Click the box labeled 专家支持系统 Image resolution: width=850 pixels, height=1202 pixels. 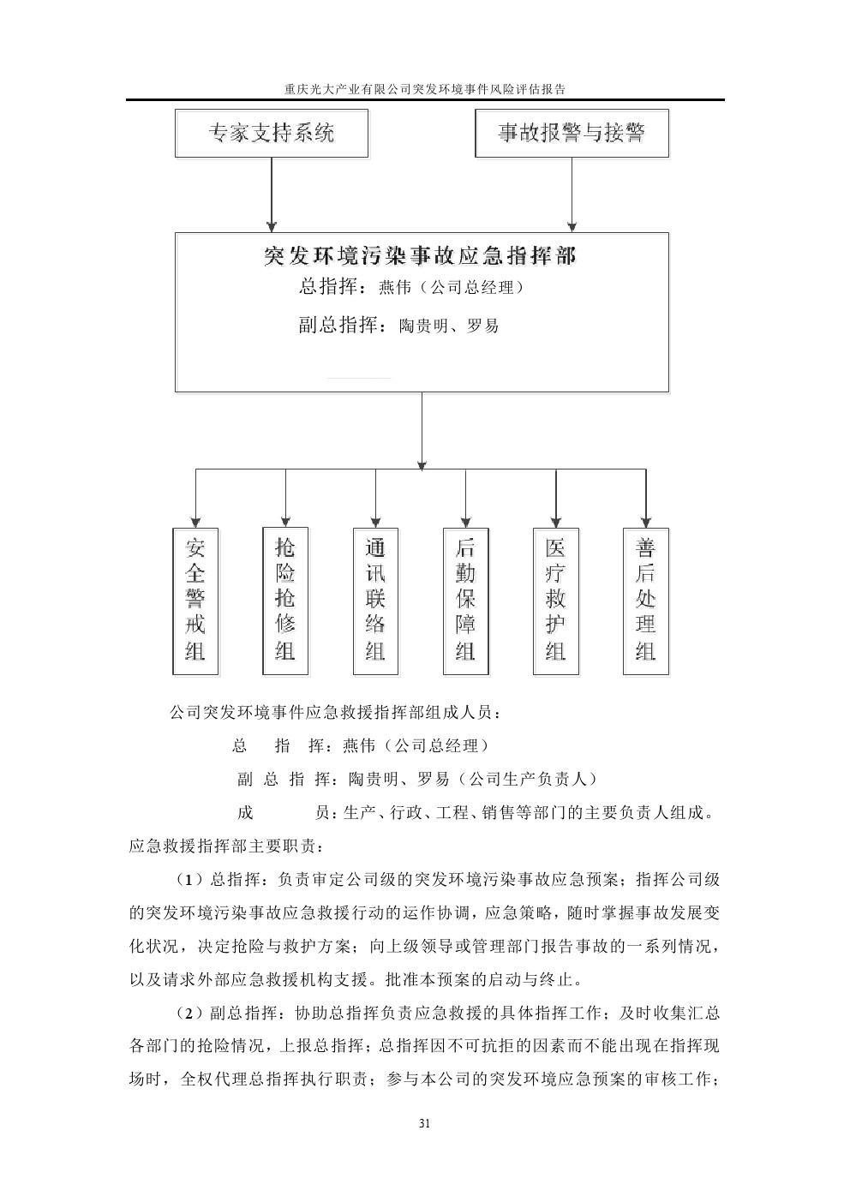click(x=272, y=134)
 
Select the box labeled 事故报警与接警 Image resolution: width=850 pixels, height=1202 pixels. click(x=572, y=134)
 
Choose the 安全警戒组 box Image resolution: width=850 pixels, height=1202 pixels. click(x=195, y=601)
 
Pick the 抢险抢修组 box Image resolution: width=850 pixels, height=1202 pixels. click(x=285, y=601)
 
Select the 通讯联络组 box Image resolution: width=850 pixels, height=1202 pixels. click(x=375, y=601)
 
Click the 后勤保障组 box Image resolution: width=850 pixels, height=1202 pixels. click(x=465, y=601)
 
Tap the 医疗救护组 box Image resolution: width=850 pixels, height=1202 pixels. click(x=555, y=601)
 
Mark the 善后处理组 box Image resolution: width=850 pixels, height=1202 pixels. click(x=645, y=601)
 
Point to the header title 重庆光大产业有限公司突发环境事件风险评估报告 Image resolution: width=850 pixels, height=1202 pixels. click(x=424, y=88)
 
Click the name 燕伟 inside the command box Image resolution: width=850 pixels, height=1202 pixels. click(x=394, y=288)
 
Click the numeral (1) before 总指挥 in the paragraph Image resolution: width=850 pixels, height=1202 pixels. click(x=189, y=880)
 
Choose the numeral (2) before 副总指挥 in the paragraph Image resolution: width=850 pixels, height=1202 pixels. click(x=189, y=1014)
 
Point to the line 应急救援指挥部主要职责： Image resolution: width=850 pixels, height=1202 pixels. click(x=227, y=846)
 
